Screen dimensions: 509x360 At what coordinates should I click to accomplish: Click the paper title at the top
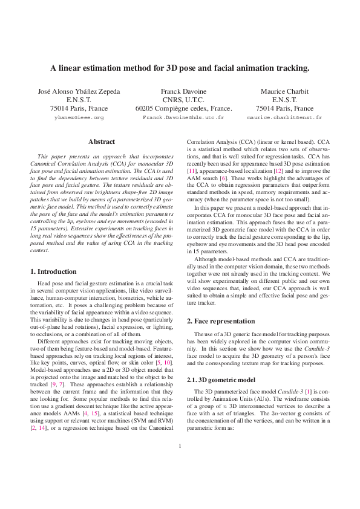click(x=180, y=68)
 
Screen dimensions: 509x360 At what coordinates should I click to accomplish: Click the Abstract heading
click(x=102, y=141)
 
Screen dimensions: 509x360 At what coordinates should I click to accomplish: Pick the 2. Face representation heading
click(x=222, y=320)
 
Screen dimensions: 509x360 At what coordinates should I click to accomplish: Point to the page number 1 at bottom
click(x=180, y=481)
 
